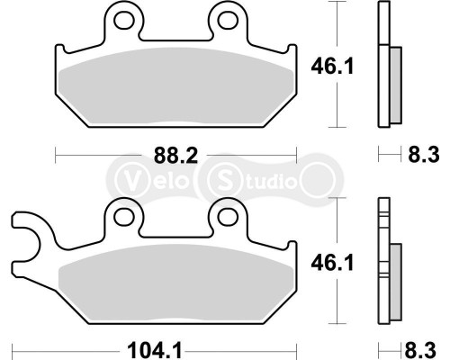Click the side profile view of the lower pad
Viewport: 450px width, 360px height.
pos(388,270)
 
